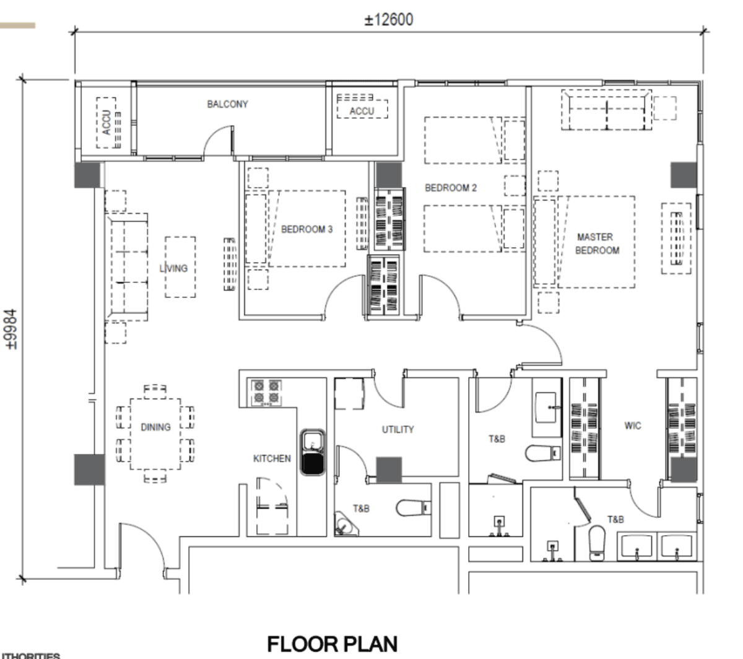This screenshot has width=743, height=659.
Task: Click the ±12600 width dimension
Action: (388, 20)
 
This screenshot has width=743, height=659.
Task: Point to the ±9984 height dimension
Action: (11, 330)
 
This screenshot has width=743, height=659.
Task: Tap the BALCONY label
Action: (227, 104)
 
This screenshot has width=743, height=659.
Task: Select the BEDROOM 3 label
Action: (306, 229)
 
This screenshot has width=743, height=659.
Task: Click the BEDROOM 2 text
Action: (451, 188)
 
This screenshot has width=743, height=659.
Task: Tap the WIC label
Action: (633, 426)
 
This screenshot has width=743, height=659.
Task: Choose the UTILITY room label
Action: (398, 429)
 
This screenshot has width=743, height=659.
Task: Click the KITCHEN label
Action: (272, 458)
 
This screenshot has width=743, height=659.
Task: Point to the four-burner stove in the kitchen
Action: (266, 392)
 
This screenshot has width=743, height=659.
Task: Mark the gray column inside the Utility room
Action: (389, 469)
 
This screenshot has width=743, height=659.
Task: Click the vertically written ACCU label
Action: (106, 123)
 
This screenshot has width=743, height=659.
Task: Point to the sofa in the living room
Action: (127, 268)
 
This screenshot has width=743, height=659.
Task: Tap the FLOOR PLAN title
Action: (332, 644)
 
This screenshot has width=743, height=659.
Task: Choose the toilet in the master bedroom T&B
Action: (596, 543)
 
